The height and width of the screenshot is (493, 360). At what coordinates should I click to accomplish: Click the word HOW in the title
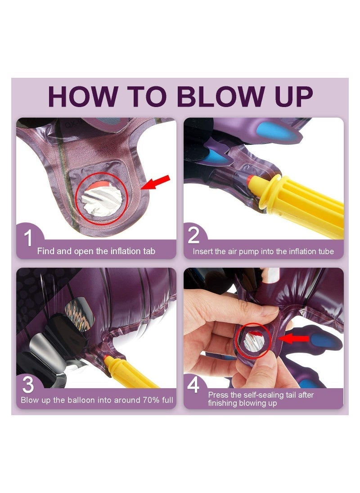(x=83, y=96)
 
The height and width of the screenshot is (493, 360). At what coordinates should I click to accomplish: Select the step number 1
(x=28, y=238)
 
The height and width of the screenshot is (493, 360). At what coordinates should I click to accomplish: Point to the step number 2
(x=193, y=235)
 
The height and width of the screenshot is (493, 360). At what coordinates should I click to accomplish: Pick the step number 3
(x=28, y=385)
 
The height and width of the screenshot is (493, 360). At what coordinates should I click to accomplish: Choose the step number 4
(x=193, y=385)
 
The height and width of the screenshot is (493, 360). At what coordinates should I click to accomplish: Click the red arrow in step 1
(x=155, y=183)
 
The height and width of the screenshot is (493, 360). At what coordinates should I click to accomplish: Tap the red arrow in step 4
(x=293, y=339)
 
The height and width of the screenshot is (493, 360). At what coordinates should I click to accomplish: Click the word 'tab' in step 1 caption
(x=148, y=251)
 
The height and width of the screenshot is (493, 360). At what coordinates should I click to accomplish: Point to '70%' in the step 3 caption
(x=151, y=400)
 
